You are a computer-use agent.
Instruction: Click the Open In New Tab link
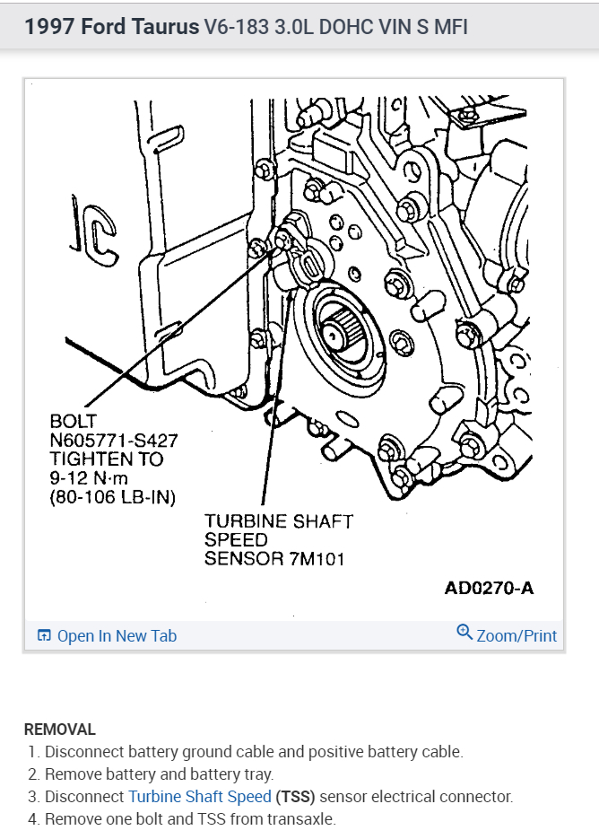pyautogui.click(x=117, y=636)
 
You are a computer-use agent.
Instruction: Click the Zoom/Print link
pyautogui.click(x=517, y=636)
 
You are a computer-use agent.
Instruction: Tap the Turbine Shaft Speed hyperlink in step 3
pyautogui.click(x=199, y=796)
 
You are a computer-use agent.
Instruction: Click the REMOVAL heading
pyautogui.click(x=59, y=730)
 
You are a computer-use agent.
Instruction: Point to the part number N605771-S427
pyautogui.click(x=114, y=441)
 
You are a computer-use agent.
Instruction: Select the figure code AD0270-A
pyautogui.click(x=489, y=589)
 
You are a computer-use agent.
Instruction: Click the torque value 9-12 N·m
pyautogui.click(x=92, y=478)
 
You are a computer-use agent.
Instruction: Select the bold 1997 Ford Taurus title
pyautogui.click(x=112, y=27)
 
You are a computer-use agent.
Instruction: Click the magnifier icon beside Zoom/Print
pyautogui.click(x=464, y=633)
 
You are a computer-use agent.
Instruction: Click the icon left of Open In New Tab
pyautogui.click(x=44, y=636)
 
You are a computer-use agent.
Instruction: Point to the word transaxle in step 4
pyautogui.click(x=302, y=818)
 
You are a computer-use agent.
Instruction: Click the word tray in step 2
pyautogui.click(x=256, y=773)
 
